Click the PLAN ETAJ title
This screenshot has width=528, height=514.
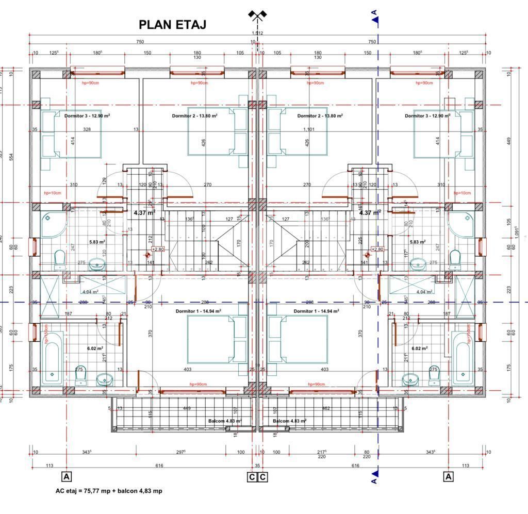tap(173, 25)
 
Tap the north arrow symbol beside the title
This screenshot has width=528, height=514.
tap(256, 15)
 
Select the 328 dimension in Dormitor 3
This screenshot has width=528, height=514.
tap(87, 129)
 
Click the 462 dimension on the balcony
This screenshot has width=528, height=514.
tap(326, 408)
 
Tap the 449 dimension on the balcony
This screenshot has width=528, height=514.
tap(187, 408)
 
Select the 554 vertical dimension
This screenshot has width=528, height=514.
tap(11, 156)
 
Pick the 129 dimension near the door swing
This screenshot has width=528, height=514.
tap(104, 180)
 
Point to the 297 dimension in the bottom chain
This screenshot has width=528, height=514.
tap(180, 452)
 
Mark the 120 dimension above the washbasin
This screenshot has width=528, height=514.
tap(104, 253)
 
